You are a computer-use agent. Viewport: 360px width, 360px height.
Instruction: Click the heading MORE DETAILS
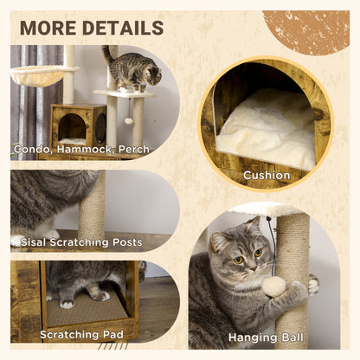point(91,27)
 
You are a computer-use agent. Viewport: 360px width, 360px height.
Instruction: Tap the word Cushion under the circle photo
point(266,175)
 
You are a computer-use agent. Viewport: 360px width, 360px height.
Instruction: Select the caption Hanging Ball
point(265,337)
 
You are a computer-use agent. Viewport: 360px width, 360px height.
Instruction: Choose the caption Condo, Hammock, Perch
point(81,150)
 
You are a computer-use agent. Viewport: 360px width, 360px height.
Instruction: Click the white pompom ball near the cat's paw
point(274,286)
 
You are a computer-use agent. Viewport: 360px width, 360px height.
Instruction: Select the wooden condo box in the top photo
point(78,125)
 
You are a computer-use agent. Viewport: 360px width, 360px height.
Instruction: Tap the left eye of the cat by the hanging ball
point(237,260)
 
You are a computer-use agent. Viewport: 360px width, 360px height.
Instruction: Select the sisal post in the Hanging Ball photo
point(293,260)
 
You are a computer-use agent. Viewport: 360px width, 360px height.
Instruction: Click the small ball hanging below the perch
point(129,120)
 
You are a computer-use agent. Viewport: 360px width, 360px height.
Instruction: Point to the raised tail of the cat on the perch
point(106,55)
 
